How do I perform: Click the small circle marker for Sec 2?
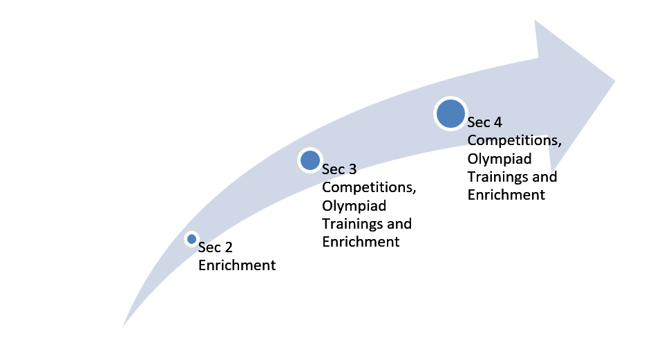tap(191, 239)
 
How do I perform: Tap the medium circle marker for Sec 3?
tap(310, 160)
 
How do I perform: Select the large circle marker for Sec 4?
tap(450, 114)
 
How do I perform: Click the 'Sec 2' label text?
tap(215, 247)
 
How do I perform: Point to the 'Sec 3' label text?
tap(339, 169)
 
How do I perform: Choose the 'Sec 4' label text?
tap(484, 122)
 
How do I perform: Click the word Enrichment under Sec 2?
tap(237, 265)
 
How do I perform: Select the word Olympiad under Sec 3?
tap(354, 206)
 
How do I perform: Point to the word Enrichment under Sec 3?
tap(361, 242)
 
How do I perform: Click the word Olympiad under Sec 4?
tap(500, 159)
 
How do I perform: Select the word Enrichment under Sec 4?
tap(506, 195)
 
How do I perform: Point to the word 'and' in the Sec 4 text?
tap(544, 177)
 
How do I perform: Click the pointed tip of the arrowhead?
tap(615, 81)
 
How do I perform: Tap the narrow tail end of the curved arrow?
tap(123, 326)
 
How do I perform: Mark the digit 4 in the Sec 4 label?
tap(497, 122)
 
